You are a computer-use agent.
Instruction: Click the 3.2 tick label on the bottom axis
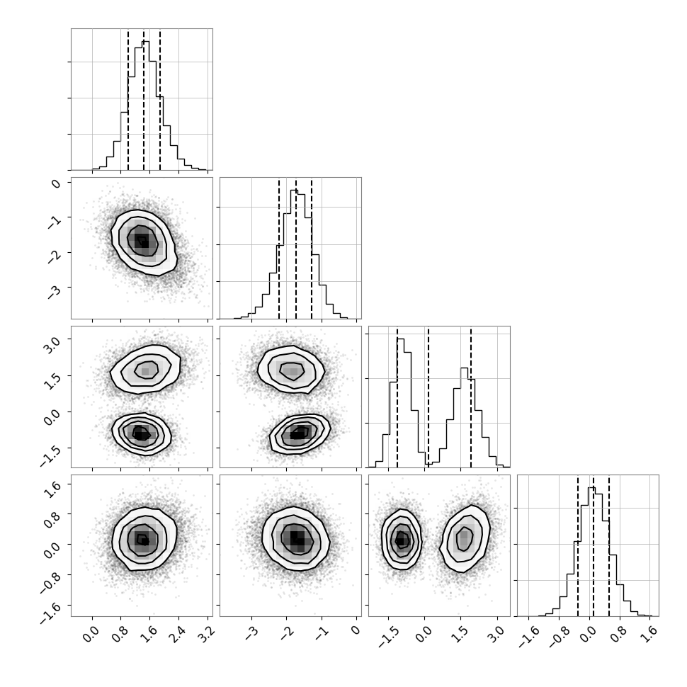(206, 634)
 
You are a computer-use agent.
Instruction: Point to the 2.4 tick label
(178, 634)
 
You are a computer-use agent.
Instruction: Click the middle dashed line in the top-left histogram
(144, 99)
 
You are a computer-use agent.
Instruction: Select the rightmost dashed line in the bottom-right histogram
(609, 545)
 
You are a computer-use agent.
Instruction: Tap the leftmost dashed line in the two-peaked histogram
(397, 397)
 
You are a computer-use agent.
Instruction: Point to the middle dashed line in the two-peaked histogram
(428, 397)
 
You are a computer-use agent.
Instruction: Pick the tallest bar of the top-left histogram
(145, 106)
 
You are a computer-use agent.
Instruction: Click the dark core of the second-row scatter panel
(142, 241)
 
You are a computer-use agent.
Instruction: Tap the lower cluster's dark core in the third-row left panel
(140, 434)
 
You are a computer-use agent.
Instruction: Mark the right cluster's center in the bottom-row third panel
(465, 538)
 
